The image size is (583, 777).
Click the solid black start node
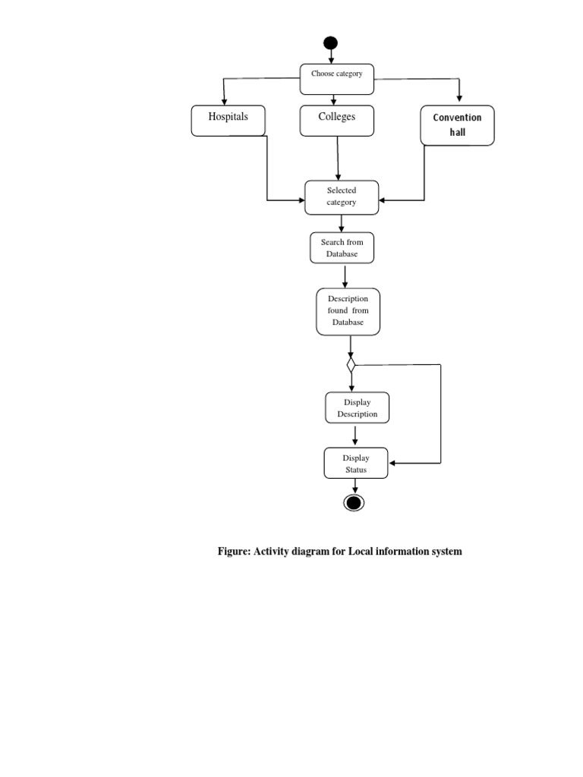(x=330, y=44)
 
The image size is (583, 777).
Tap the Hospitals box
(x=228, y=121)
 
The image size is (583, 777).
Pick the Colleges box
(x=336, y=121)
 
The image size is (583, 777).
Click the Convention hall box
(x=457, y=125)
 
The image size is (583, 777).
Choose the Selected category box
(x=341, y=197)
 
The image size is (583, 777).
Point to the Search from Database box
(x=342, y=248)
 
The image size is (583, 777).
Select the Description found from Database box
(x=348, y=311)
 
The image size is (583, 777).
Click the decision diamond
(x=351, y=365)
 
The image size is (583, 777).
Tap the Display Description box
(x=357, y=408)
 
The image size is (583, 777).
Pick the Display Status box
(x=355, y=464)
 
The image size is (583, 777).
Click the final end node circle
(x=355, y=502)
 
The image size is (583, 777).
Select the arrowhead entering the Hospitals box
(x=224, y=102)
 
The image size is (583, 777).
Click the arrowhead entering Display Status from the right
(x=392, y=463)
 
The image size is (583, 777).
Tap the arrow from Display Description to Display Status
(x=355, y=436)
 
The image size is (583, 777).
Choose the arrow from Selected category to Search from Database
(x=342, y=224)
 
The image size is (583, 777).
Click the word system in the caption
(x=444, y=552)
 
